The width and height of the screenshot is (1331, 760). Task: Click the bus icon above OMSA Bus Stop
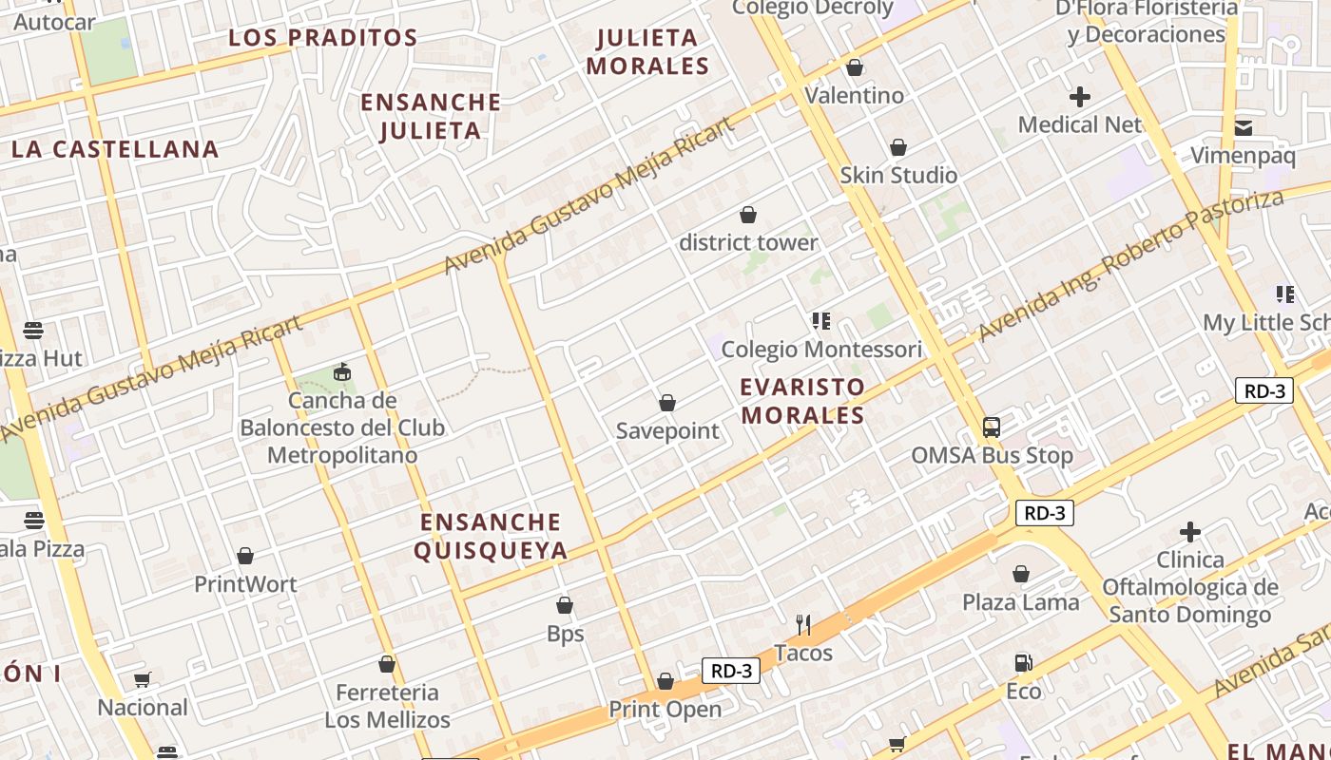[992, 427]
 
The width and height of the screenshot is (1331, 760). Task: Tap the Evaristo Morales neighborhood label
[803, 401]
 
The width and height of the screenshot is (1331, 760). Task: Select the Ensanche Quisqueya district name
[491, 536]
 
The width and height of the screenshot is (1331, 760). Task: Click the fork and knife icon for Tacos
[803, 624]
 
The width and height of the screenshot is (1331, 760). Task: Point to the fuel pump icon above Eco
[1023, 662]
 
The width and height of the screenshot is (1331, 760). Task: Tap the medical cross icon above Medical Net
[1079, 96]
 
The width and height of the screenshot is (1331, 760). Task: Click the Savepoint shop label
[667, 431]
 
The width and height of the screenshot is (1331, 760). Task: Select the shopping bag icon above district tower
[748, 215]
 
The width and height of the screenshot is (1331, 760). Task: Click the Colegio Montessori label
[821, 349]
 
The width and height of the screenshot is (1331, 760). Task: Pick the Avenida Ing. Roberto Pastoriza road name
[1131, 264]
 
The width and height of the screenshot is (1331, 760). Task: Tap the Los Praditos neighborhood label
[323, 38]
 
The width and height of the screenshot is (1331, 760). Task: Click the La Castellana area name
[115, 149]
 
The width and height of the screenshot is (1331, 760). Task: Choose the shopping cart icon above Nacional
[143, 679]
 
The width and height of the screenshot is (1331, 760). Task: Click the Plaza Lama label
[1020, 602]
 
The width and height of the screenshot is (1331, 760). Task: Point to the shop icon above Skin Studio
[897, 147]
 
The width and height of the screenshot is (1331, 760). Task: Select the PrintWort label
[245, 584]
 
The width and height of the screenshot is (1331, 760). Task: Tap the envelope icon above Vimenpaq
[1243, 128]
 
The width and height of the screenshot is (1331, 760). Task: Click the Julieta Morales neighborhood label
[648, 52]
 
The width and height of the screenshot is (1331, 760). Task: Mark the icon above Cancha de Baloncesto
[341, 371]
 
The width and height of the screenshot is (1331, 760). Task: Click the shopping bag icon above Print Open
[665, 681]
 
